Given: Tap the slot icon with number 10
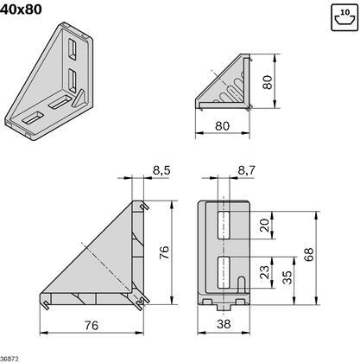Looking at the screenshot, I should [x=343, y=17].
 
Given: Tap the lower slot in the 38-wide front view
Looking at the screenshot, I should [x=223, y=271].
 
